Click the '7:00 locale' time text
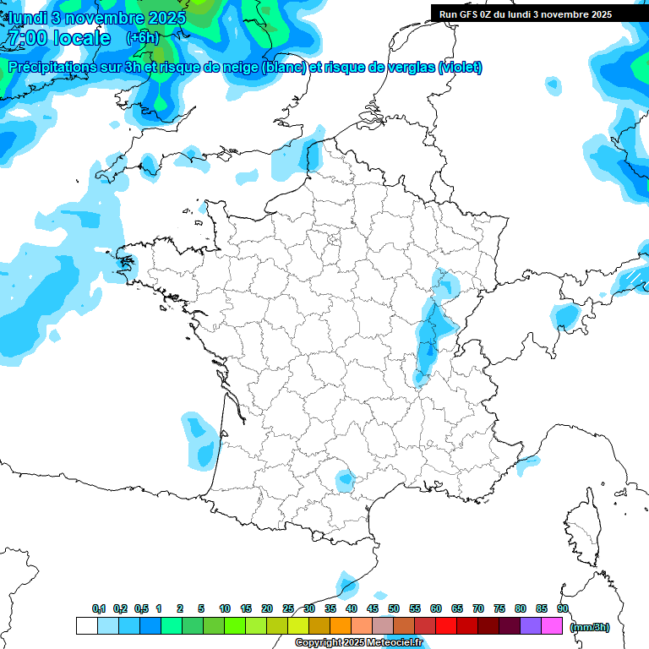(x=57, y=38)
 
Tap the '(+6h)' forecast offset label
(x=142, y=38)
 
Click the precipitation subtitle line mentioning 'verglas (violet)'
(x=245, y=68)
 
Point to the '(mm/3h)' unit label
(x=590, y=627)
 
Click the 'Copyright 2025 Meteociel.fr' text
(x=358, y=643)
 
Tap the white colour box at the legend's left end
(x=86, y=626)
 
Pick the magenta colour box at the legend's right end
(x=553, y=626)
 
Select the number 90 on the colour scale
(x=563, y=608)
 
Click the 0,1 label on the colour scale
(x=99, y=608)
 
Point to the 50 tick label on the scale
(x=394, y=608)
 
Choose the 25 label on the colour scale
(x=288, y=608)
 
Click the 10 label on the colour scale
(x=225, y=608)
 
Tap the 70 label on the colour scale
(x=478, y=608)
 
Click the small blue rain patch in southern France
(x=345, y=481)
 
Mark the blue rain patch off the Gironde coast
(x=200, y=439)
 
